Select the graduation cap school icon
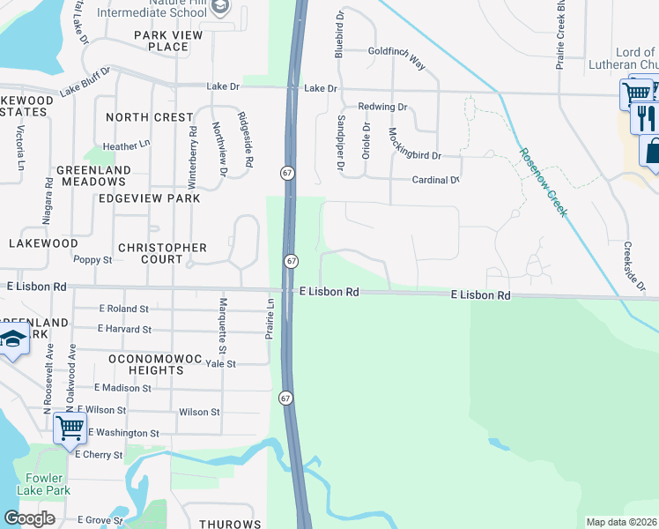[13, 339]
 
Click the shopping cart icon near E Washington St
[70, 428]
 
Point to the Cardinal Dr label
[436, 180]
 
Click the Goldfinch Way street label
[396, 59]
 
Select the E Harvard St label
[124, 329]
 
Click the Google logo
[29, 518]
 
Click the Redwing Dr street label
[383, 107]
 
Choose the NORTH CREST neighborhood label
[149, 117]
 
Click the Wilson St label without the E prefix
[199, 412]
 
